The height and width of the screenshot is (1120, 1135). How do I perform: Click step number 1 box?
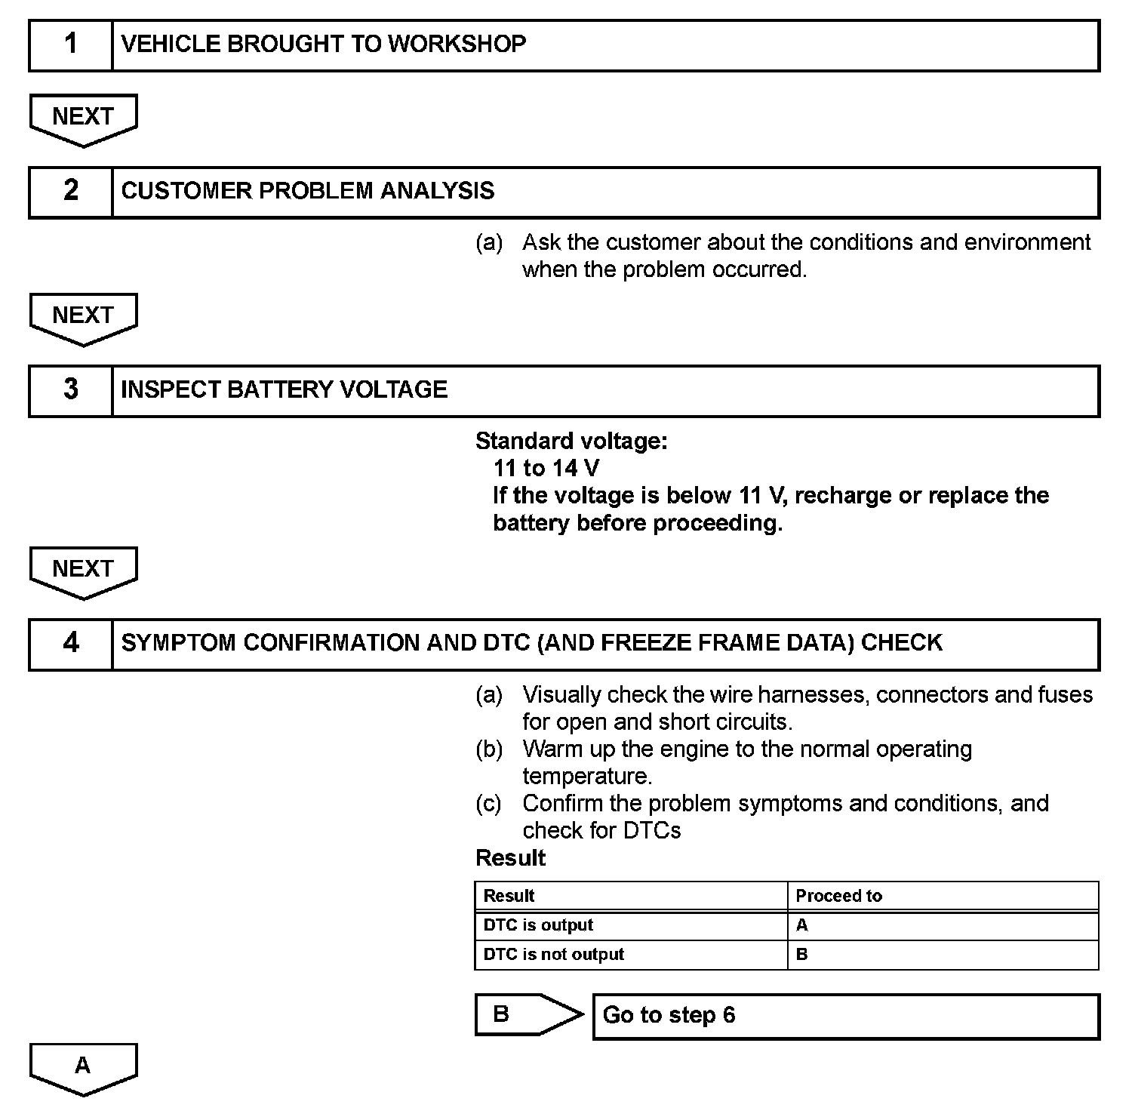point(70,45)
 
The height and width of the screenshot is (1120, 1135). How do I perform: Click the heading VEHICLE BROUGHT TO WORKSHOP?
point(323,45)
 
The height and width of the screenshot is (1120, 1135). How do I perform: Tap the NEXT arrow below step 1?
point(83,118)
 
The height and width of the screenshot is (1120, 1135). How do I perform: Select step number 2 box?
point(70,192)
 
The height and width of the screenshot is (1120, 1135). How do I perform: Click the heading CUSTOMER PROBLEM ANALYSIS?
point(307,191)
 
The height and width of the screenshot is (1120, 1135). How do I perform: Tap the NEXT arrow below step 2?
point(83,318)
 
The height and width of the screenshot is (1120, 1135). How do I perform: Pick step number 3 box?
point(70,390)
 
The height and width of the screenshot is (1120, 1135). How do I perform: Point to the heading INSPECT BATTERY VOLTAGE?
point(284,389)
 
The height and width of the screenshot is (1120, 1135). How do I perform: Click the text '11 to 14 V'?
point(546,469)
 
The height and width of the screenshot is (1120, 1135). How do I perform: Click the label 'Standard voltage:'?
point(571,442)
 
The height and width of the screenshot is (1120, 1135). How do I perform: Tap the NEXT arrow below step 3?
point(83,571)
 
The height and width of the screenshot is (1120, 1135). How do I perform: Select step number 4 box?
point(70,644)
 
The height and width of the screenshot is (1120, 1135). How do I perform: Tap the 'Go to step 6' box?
point(845,1016)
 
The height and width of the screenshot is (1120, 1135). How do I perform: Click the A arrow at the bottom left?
point(83,1067)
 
